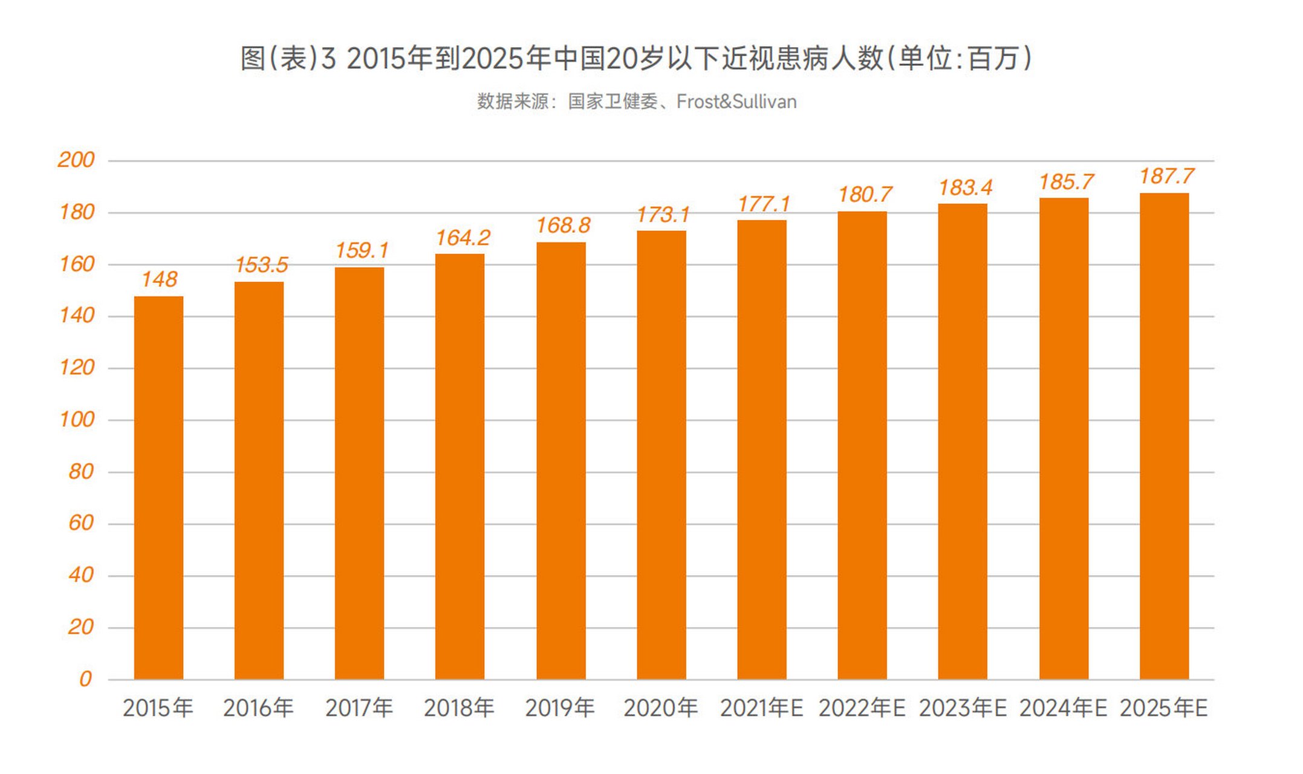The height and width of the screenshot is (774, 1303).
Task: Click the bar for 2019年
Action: [561, 461]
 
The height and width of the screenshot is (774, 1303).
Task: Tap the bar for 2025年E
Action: [1164, 436]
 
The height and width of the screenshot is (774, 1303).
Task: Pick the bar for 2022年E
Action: [862, 445]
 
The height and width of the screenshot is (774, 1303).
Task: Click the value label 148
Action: [159, 279]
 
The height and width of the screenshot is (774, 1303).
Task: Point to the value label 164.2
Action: [463, 238]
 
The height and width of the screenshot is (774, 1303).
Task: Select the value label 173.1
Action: [663, 215]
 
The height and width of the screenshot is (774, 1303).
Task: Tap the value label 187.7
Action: [1166, 177]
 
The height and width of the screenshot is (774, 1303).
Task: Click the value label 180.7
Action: [865, 195]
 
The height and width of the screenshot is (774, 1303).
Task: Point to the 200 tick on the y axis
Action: [76, 160]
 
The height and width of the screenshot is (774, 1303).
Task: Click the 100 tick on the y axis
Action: [77, 420]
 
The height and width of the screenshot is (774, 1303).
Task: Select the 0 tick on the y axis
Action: [85, 679]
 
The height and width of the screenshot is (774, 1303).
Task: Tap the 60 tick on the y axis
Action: [81, 523]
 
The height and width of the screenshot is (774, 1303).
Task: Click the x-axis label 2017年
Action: [359, 708]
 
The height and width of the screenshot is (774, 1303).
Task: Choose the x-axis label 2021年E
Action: [761, 708]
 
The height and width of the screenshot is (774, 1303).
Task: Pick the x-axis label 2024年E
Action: [1062, 708]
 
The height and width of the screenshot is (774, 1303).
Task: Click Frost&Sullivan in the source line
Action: [736, 102]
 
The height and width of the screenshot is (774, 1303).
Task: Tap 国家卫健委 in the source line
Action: [613, 102]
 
